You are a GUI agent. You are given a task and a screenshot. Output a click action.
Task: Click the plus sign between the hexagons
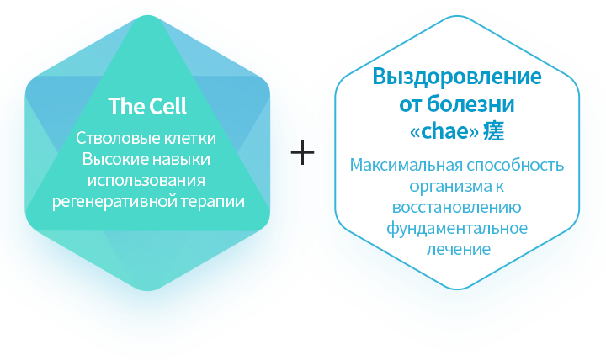click(x=302, y=152)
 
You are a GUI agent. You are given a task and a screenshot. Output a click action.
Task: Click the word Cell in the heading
click(x=168, y=106)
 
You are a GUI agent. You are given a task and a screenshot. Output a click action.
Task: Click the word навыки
click(x=181, y=160)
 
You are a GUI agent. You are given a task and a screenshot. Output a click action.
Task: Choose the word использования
click(x=146, y=180)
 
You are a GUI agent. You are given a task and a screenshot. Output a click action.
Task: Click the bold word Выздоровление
click(x=457, y=77)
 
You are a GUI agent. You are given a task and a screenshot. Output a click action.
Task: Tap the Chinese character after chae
click(x=493, y=131)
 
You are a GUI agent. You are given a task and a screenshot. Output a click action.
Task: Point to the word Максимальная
click(x=407, y=165)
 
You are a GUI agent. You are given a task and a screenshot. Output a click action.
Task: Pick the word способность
click(x=516, y=166)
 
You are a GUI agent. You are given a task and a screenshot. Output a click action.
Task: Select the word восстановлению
click(x=457, y=208)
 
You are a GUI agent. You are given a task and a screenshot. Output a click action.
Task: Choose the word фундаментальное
click(x=457, y=228)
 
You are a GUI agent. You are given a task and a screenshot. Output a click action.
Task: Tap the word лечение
click(x=459, y=249)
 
